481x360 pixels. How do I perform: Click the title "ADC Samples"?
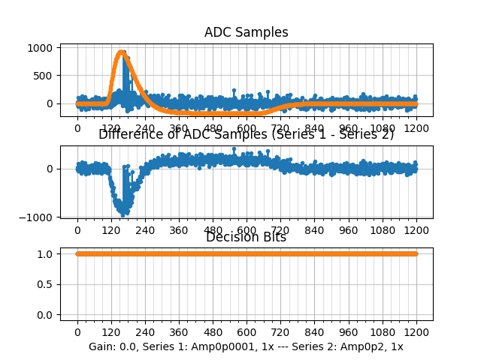246,32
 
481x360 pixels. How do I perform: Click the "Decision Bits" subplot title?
246,238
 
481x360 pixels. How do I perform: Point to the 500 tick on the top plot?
42,75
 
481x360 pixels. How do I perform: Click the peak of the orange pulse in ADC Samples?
122,52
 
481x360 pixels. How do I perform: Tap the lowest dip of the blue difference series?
123,214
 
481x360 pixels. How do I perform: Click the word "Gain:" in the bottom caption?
103,346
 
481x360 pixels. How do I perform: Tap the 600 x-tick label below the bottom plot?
247,333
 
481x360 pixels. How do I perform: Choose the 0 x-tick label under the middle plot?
77,230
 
